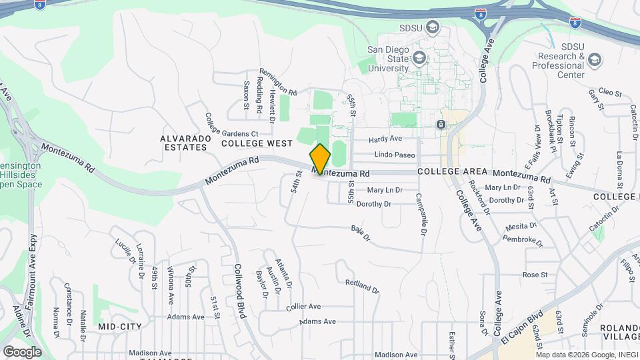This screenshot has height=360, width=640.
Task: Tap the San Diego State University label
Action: (x=389, y=58)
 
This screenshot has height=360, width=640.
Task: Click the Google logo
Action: (x=22, y=351)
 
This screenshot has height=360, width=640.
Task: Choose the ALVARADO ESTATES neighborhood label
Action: (x=185, y=143)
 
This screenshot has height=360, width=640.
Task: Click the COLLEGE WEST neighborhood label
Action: (x=257, y=143)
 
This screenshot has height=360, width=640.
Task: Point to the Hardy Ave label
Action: (x=385, y=139)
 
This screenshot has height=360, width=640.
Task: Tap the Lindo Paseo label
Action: (x=395, y=155)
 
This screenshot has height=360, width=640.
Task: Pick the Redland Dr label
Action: (x=362, y=287)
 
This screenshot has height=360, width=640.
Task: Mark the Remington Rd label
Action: (x=277, y=81)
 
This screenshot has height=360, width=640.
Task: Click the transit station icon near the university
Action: (x=440, y=124)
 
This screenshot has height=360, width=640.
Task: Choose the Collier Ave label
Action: (x=303, y=307)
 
